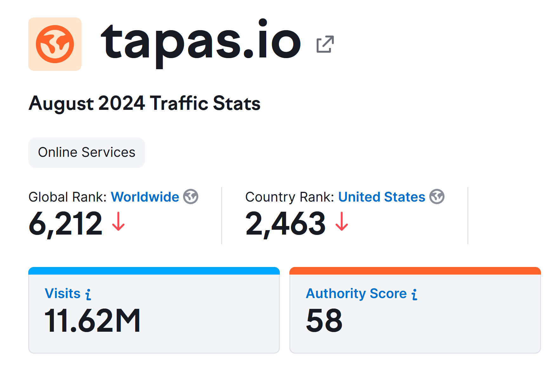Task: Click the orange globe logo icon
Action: (55, 44)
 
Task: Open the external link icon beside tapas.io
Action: (325, 44)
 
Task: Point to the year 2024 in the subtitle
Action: (122, 103)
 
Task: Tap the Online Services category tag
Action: (87, 152)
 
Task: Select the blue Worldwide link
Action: (145, 197)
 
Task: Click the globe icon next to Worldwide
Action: (191, 196)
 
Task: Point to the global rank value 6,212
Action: (65, 224)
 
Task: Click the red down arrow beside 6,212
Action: (118, 222)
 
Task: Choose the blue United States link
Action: (382, 197)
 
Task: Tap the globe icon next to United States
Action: (437, 196)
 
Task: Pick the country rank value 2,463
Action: (286, 224)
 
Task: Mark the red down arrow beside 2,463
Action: (342, 222)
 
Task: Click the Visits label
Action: (63, 293)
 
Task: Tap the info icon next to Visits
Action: (88, 294)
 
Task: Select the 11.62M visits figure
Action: (92, 321)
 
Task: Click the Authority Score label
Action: (356, 293)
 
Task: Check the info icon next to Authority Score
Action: (414, 294)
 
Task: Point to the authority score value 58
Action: (324, 321)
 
